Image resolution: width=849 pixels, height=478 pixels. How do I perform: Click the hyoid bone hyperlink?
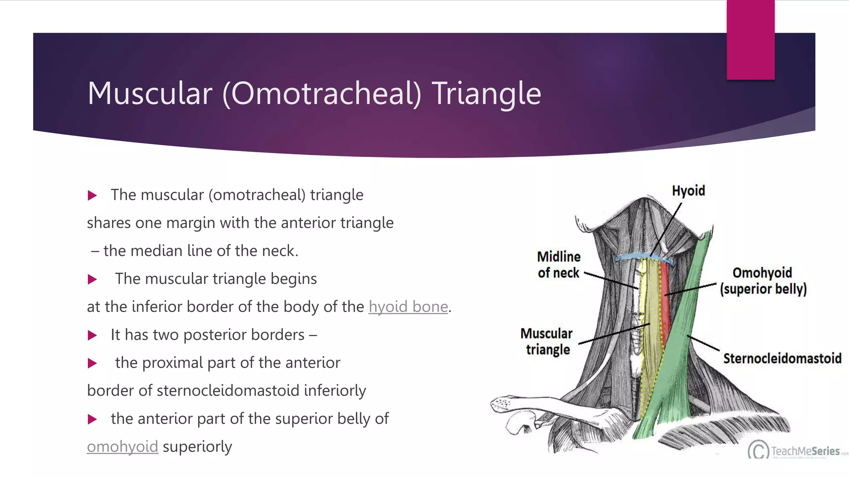point(408,307)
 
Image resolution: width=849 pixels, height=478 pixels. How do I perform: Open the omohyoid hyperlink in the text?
point(122,446)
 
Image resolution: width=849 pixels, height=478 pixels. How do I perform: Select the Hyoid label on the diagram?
point(688,191)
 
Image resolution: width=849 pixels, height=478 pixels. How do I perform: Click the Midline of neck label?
point(558,265)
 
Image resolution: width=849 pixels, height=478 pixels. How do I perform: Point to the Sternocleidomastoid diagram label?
point(782,358)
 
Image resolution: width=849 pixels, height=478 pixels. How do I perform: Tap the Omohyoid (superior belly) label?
point(763,281)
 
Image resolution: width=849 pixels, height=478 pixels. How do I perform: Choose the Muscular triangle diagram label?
point(547,341)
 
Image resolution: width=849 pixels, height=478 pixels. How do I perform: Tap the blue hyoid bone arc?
point(638,256)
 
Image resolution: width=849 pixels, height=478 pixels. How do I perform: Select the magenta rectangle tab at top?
point(750,39)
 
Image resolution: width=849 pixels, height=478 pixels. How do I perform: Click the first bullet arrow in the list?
point(92,195)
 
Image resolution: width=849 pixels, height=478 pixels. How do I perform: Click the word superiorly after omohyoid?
point(197,446)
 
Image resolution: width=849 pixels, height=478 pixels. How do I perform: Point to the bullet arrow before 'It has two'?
point(92,335)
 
